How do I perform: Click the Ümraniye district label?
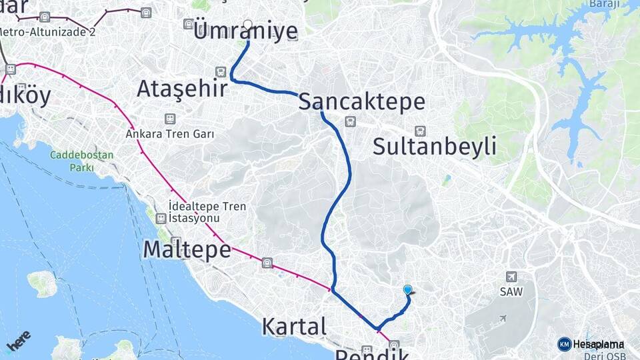tap(245, 31)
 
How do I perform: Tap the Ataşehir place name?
tap(182, 89)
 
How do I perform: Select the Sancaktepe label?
tap(361, 102)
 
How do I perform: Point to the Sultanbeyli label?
tap(434, 146)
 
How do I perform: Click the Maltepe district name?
tap(187, 250)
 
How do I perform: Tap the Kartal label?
tap(294, 327)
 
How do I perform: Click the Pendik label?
tap(371, 353)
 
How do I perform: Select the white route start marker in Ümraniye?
tap(248, 25)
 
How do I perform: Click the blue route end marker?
tap(407, 289)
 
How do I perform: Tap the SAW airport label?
tap(511, 291)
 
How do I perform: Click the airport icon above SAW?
tap(511, 277)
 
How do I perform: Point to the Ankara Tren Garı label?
tap(170, 133)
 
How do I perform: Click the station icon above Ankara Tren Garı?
tap(170, 119)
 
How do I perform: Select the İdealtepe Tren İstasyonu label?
tap(207, 213)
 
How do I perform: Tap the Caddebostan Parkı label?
tap(82, 161)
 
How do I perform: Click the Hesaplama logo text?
tap(598, 344)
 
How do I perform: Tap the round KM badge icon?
tap(564, 344)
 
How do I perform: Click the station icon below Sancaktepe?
tap(349, 121)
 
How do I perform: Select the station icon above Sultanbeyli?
tap(420, 131)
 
